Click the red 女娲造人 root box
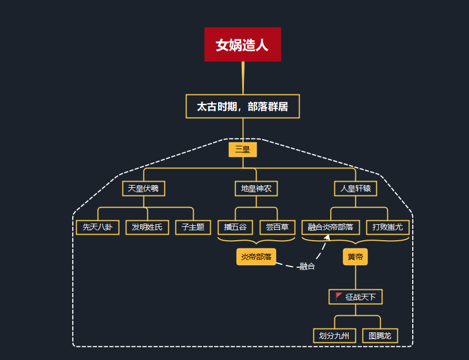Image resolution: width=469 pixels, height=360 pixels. pyautogui.click(x=242, y=45)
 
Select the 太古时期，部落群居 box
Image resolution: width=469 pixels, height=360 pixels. pyautogui.click(x=242, y=107)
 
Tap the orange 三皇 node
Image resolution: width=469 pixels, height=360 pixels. pyautogui.click(x=243, y=149)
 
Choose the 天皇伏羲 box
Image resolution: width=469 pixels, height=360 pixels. pyautogui.click(x=143, y=189)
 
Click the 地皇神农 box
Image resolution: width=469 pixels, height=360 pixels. pyautogui.click(x=256, y=189)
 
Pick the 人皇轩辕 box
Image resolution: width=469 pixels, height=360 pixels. pyautogui.click(x=355, y=189)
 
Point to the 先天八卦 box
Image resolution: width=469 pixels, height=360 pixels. pyautogui.click(x=98, y=227)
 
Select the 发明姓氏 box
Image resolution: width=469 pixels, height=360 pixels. pyautogui.click(x=147, y=227)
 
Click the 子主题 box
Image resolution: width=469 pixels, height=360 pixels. pyautogui.click(x=193, y=227)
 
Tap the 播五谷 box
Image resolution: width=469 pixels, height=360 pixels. pyautogui.click(x=235, y=227)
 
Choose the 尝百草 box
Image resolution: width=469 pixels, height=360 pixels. pyautogui.click(x=277, y=227)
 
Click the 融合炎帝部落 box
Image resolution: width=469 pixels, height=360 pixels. pyautogui.click(x=331, y=227)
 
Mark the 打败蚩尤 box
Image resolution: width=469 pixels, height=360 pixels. pyautogui.click(x=388, y=227)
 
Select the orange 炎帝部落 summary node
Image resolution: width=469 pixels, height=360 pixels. pyautogui.click(x=256, y=257)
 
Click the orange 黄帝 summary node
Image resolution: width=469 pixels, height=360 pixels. pyautogui.click(x=355, y=257)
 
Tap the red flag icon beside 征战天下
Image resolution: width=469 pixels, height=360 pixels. pyautogui.click(x=339, y=297)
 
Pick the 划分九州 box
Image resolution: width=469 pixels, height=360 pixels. pyautogui.click(x=334, y=335)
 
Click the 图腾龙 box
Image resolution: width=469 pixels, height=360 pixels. pyautogui.click(x=380, y=335)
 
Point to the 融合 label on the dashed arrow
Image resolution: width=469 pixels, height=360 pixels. pyautogui.click(x=307, y=267)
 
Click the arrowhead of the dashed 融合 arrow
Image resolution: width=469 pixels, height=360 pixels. pyautogui.click(x=327, y=237)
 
